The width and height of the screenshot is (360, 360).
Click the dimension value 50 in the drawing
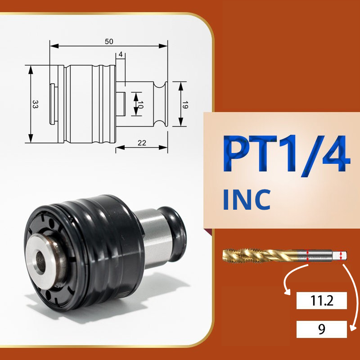tap(109, 41)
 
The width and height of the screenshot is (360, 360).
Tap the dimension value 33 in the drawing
tap(35, 104)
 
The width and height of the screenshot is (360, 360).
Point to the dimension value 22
tap(142, 143)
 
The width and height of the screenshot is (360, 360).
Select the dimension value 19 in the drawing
tap(185, 105)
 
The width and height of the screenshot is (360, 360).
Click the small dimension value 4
tap(121, 54)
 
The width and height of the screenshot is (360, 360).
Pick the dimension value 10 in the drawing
tap(140, 105)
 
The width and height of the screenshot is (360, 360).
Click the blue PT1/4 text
tap(287, 153)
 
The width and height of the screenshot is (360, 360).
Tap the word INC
tap(247, 199)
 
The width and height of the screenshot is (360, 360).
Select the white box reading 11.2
tap(321, 301)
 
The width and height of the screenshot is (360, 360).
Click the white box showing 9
tap(321, 329)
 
